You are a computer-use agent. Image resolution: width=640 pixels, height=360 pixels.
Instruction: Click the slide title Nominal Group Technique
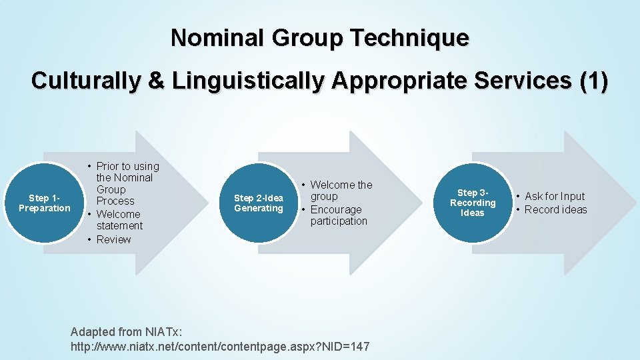click(319, 38)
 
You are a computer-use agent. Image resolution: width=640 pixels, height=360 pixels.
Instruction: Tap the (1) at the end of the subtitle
click(593, 81)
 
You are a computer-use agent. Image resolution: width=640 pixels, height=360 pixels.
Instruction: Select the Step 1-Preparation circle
click(45, 203)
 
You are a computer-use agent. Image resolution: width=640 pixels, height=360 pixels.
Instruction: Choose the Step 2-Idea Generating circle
click(259, 203)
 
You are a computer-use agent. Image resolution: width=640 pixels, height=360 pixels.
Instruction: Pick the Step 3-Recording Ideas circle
click(473, 203)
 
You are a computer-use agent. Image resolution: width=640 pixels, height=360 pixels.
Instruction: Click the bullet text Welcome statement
click(119, 220)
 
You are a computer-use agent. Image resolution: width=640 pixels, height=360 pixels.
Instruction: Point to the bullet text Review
click(113, 239)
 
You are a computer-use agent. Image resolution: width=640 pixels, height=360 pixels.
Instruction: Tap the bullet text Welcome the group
click(341, 191)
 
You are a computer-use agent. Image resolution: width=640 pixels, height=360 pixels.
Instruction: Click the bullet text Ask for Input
click(554, 196)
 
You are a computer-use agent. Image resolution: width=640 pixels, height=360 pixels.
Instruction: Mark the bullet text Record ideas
click(555, 209)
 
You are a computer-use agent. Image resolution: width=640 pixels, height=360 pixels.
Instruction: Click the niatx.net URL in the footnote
click(220, 347)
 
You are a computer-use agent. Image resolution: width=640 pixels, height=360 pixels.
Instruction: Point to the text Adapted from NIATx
click(126, 331)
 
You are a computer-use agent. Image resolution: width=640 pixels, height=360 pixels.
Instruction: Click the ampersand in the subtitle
click(155, 81)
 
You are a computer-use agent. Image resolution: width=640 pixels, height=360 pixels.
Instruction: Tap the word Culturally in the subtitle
click(85, 81)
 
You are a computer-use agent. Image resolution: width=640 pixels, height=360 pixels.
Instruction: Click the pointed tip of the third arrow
click(633, 203)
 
